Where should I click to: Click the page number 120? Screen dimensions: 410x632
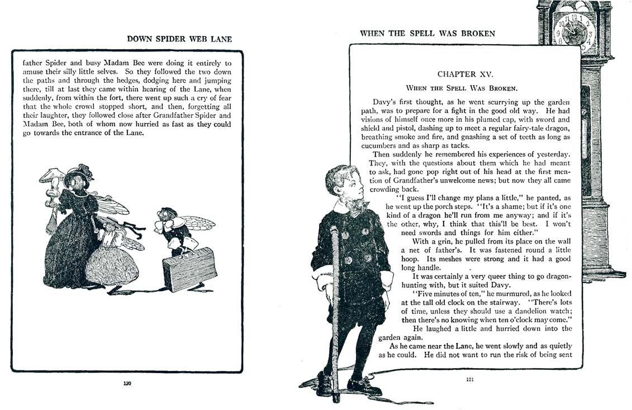(127, 383)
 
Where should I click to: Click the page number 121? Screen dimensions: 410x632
(469, 380)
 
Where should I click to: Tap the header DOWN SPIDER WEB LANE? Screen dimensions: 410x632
(179, 39)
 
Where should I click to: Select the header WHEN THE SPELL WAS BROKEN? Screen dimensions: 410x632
(427, 34)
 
